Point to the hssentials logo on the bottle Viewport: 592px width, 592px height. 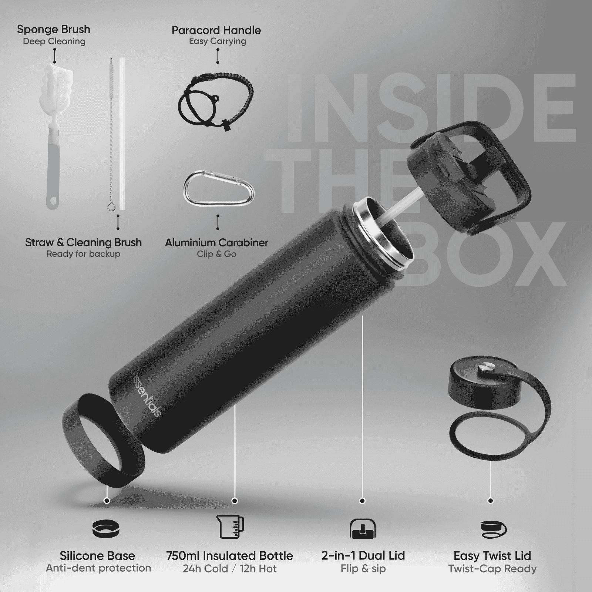coord(147,393)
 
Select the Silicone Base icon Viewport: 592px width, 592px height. coord(106,528)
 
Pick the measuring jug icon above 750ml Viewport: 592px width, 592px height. coord(230,527)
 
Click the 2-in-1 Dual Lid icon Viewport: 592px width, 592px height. coord(363,528)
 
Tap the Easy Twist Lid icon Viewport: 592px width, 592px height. coord(494,529)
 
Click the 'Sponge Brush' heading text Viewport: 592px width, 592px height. coord(54,29)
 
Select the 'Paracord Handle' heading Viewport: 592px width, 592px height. coord(216,30)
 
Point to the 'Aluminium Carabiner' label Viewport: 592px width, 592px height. coord(216,243)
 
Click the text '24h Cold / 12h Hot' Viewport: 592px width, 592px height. coord(230,568)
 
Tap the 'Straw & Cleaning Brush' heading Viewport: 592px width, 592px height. coord(84,242)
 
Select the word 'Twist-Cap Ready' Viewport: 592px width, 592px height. coord(492,568)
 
